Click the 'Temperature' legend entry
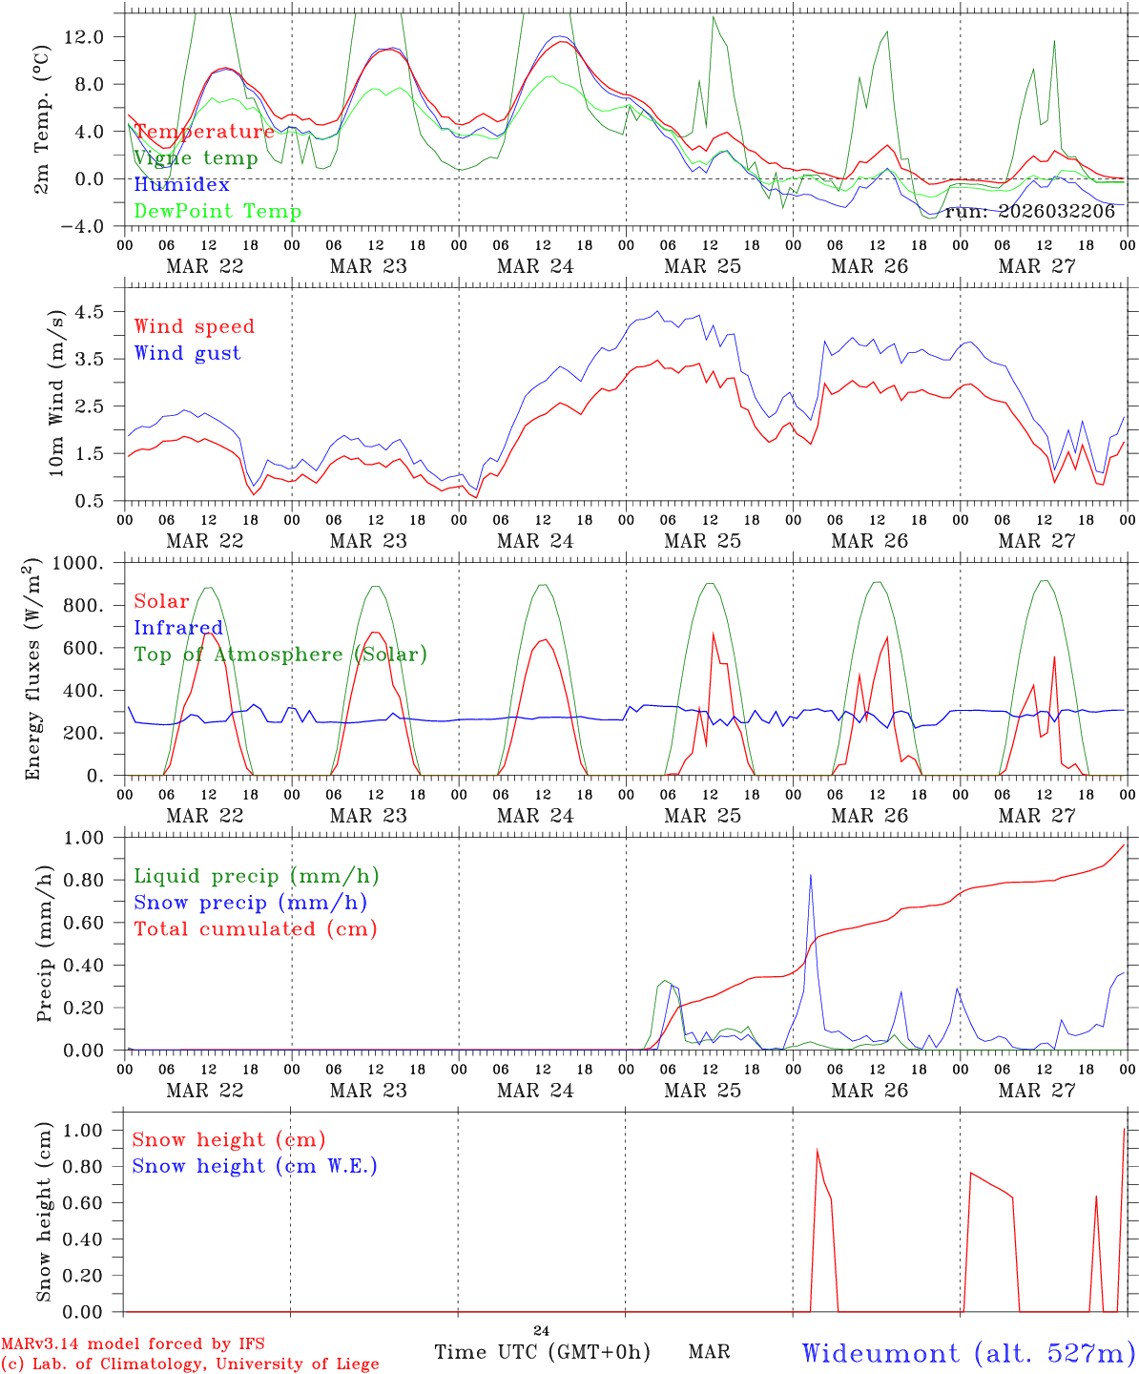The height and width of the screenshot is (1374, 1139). click(204, 132)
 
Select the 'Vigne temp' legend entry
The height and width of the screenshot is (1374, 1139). click(196, 158)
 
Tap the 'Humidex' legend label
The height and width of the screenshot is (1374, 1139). click(182, 185)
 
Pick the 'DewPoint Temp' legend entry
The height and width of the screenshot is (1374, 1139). click(217, 212)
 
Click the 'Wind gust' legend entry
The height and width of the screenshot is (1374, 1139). click(187, 353)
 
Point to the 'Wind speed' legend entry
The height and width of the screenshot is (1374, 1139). click(195, 326)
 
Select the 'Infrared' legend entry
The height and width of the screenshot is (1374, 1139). click(178, 628)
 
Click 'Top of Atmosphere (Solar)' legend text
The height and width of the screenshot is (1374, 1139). click(280, 655)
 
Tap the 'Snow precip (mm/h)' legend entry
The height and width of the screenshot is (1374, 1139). click(250, 903)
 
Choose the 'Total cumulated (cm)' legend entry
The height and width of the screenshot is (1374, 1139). click(256, 929)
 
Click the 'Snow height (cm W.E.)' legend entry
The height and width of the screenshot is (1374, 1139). click(255, 1166)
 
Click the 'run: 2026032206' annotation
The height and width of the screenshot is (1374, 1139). click(1029, 212)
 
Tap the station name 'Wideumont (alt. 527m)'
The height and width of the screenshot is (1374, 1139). click(968, 1353)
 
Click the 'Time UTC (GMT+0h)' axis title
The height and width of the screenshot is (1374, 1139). click(542, 1352)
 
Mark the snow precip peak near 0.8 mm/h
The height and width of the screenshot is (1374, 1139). click(811, 875)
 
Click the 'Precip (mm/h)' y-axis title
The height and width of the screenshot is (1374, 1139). click(44, 944)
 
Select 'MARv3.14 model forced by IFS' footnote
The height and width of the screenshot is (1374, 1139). click(133, 1344)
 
